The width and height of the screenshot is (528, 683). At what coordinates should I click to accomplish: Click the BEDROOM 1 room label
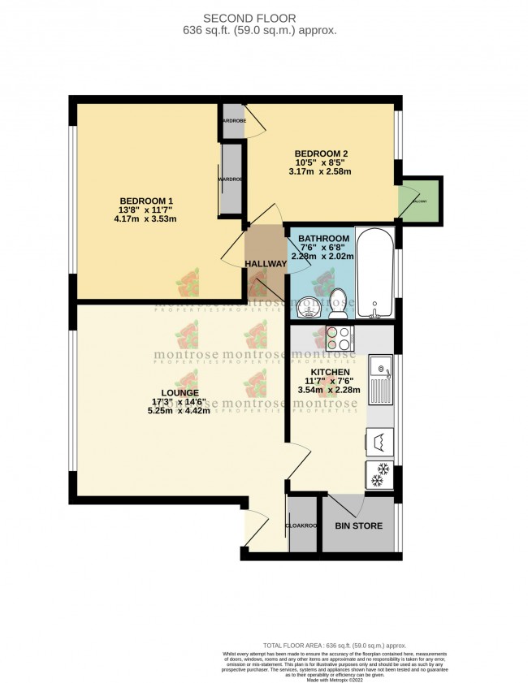(146, 201)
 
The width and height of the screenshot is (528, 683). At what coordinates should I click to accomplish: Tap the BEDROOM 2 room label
(322, 153)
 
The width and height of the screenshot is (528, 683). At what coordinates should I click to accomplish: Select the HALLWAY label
(266, 264)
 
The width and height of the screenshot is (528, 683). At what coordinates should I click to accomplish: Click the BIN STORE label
(358, 526)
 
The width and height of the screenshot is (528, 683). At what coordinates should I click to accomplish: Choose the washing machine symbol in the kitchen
(380, 441)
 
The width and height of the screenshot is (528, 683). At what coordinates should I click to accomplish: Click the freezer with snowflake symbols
(380, 475)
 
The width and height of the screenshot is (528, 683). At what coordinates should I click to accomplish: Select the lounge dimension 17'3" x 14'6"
(179, 402)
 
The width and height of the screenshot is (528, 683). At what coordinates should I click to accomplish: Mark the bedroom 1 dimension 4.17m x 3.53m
(146, 219)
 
